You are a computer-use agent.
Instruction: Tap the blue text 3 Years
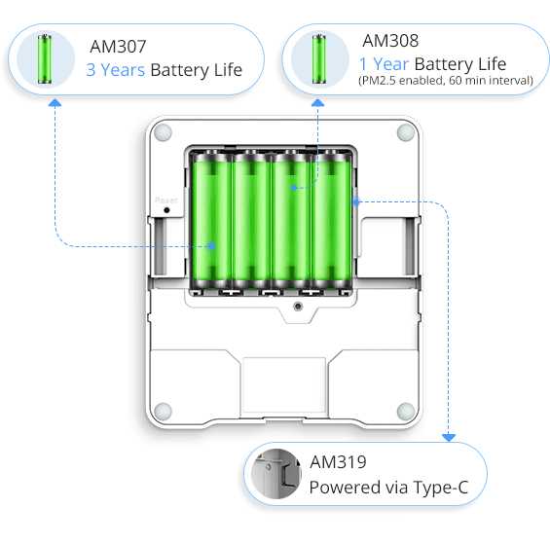[115, 70]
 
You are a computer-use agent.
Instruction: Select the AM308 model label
[390, 41]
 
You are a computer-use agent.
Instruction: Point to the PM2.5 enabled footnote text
[445, 81]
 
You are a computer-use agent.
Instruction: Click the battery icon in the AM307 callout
[46, 57]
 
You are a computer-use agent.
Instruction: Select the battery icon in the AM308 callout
[318, 59]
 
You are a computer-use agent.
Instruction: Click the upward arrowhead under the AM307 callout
[55, 99]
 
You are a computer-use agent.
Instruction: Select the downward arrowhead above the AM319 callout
[450, 438]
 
